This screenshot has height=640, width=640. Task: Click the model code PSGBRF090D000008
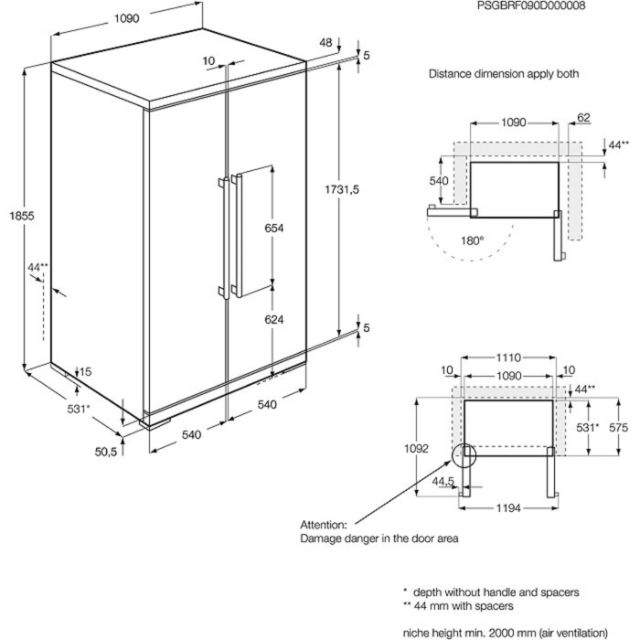click(x=530, y=5)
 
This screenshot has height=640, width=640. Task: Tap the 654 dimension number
click(x=274, y=228)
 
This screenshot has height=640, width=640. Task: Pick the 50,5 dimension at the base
click(x=106, y=450)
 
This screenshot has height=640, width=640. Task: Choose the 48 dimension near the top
click(x=325, y=42)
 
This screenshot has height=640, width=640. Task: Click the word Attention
click(x=324, y=526)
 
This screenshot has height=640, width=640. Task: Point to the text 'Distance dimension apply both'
click(x=504, y=74)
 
